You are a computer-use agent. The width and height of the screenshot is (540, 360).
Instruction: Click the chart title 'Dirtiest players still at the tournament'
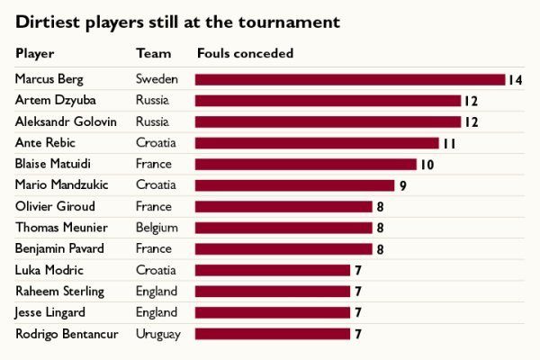(177, 22)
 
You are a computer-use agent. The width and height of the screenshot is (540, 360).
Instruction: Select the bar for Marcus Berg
(349, 79)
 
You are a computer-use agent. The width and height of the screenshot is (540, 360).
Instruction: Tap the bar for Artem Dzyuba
(328, 101)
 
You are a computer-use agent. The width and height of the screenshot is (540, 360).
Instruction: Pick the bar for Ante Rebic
(317, 143)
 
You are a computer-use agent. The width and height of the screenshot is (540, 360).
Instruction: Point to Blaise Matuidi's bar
(305, 165)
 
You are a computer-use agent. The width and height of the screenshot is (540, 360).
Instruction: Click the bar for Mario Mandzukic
(294, 185)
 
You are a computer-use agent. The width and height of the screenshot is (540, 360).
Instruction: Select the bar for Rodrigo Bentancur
(272, 334)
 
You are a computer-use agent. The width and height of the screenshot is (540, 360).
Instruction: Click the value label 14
(515, 80)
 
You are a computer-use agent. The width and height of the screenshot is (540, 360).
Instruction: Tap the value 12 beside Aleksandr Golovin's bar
(471, 122)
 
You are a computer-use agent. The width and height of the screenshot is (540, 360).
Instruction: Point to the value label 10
(427, 165)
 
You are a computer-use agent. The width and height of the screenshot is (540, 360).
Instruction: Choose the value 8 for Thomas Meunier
(380, 229)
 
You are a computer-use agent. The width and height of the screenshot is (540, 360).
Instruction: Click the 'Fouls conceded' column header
(245, 54)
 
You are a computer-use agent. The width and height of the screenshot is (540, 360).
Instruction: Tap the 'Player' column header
(35, 54)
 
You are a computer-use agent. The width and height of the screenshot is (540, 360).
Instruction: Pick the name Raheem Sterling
(59, 291)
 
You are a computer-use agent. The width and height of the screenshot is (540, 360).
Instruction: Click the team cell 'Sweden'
(157, 79)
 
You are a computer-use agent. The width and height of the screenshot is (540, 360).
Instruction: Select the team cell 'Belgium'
(157, 228)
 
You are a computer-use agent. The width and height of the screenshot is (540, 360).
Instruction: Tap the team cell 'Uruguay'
(158, 334)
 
